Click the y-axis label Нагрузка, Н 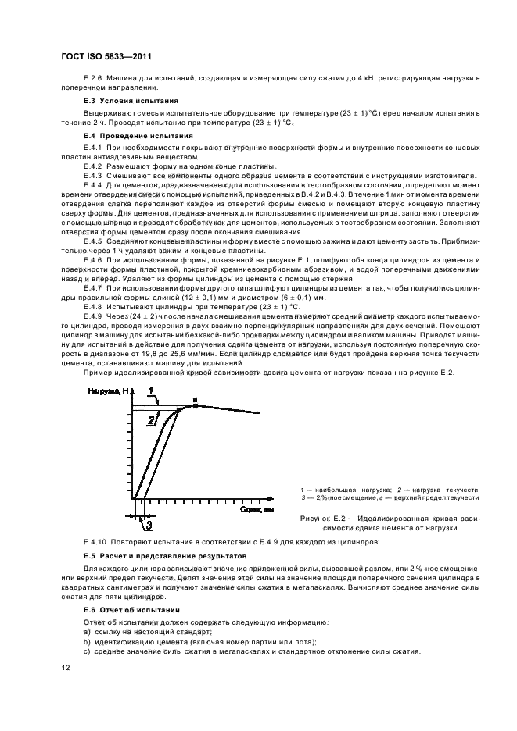[x=108, y=390]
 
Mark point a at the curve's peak [x=196, y=400]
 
